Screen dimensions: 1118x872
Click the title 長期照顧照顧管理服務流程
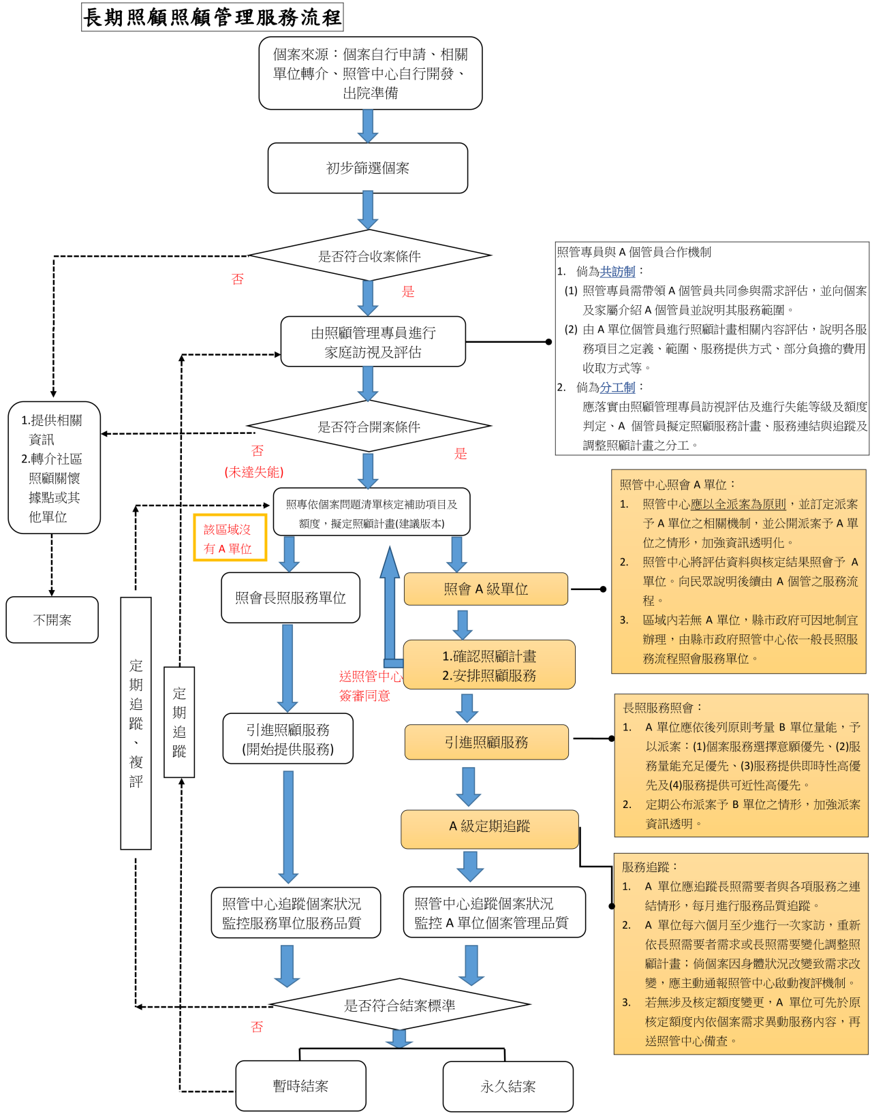click(x=212, y=17)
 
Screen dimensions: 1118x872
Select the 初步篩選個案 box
click(x=367, y=168)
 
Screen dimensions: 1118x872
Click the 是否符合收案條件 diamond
click(x=369, y=256)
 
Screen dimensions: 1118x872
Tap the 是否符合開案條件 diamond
click(x=369, y=426)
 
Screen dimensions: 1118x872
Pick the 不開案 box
click(x=52, y=620)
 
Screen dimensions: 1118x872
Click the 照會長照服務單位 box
click(x=290, y=597)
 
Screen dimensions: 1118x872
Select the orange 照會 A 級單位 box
click(x=486, y=589)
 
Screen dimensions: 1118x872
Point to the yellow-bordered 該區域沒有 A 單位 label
click(x=230, y=538)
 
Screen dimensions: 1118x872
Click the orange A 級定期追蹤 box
click(x=489, y=826)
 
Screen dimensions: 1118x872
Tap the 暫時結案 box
click(x=300, y=1086)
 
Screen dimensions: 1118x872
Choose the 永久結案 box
click(x=508, y=1087)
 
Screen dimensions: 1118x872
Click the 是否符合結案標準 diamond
click(x=399, y=1006)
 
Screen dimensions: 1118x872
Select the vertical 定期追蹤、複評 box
click(x=136, y=723)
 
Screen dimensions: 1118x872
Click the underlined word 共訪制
click(x=617, y=271)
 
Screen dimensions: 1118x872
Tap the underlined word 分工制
click(x=617, y=387)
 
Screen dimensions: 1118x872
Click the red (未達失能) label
click(x=254, y=472)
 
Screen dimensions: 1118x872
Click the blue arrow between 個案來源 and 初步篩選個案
click(x=368, y=125)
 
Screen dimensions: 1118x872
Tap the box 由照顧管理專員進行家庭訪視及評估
click(x=373, y=342)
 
